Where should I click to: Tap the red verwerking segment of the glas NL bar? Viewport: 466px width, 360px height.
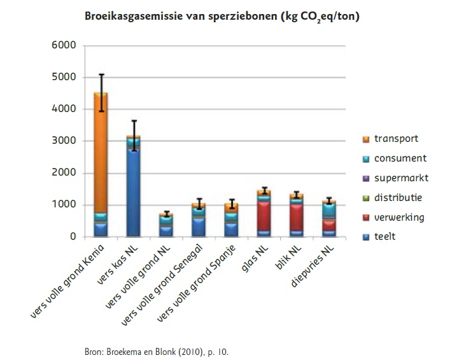coord(263,216)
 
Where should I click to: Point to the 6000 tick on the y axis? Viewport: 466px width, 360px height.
coord(64,46)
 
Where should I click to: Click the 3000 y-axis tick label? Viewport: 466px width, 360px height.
coord(64,141)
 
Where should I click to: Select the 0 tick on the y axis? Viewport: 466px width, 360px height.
coord(73,237)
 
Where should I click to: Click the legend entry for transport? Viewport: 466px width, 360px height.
coord(396,139)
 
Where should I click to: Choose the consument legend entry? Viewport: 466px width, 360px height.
coord(400,158)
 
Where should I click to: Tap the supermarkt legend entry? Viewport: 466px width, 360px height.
coord(401,178)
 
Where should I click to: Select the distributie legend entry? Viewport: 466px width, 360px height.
coord(398,198)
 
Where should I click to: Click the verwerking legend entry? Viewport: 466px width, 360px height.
coord(399,218)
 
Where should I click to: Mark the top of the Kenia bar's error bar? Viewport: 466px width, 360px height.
coord(101,75)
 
